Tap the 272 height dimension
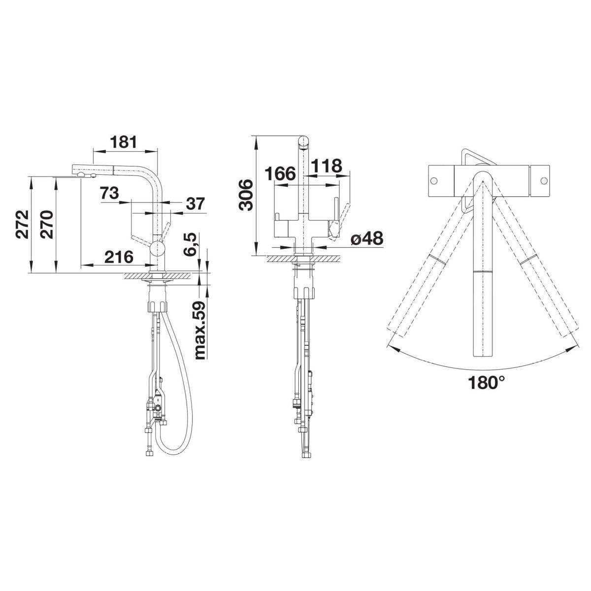coord(22,224)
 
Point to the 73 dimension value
coord(109,193)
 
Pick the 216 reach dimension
coord(118,256)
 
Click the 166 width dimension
coord(280,173)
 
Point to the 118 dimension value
coord(327,165)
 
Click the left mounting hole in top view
coord(435,181)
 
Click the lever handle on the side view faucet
coord(164,231)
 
